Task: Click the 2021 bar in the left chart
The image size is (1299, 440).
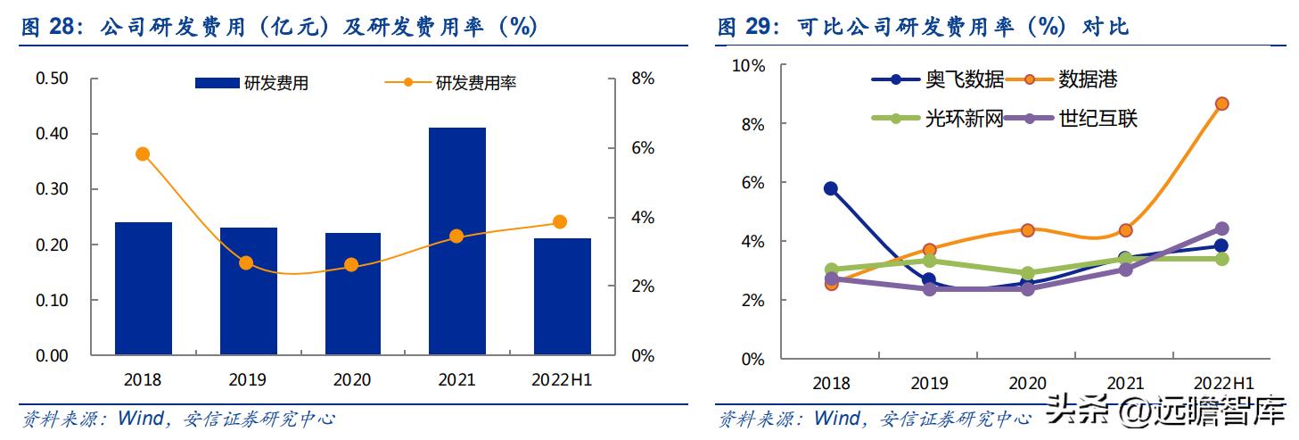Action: click(456, 241)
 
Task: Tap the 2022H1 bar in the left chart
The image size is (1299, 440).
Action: click(562, 296)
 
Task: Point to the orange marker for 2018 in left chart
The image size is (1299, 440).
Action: click(143, 154)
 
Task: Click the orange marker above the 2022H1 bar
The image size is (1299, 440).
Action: click(560, 222)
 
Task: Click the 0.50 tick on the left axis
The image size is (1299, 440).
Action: click(52, 79)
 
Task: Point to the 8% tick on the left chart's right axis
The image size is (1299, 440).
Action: click(642, 79)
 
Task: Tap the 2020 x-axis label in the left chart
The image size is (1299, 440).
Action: click(352, 380)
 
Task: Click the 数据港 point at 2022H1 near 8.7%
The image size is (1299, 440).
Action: click(1221, 104)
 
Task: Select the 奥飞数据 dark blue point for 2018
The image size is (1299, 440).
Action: click(831, 188)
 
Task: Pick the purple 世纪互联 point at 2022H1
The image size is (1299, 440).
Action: click(1221, 229)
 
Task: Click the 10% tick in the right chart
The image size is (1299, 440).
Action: click(748, 66)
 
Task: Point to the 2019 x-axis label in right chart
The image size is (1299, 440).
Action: click(929, 384)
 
